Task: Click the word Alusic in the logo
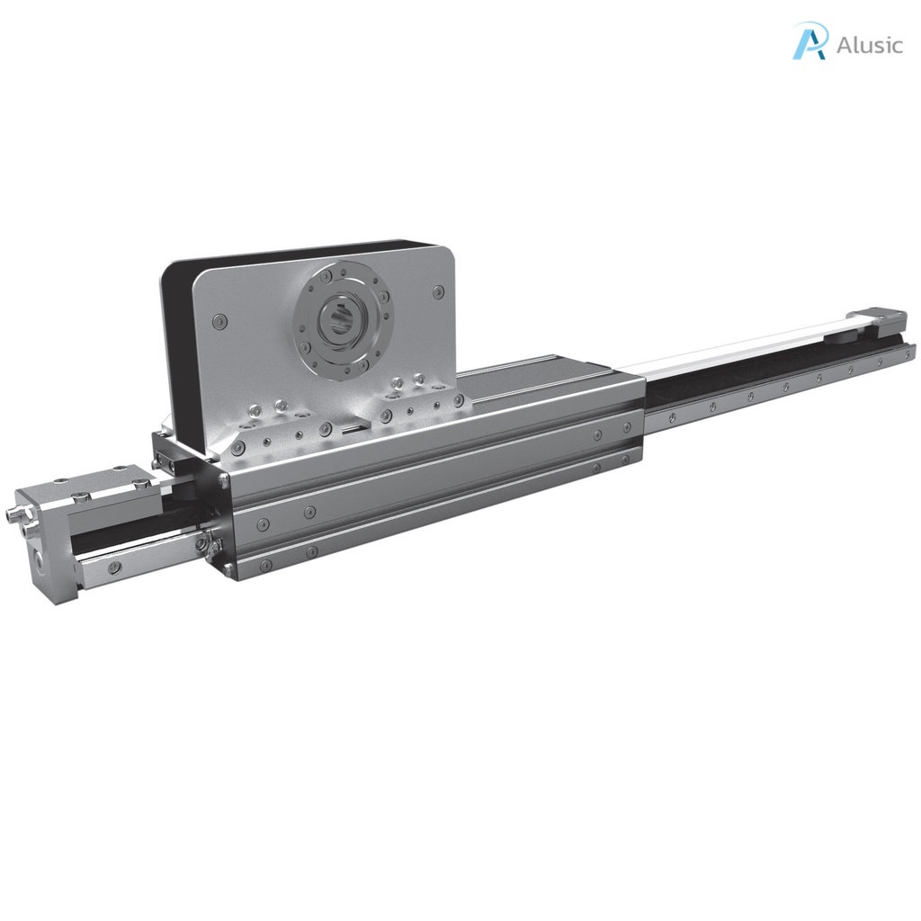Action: [x=869, y=45]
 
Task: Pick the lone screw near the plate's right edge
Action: [x=438, y=292]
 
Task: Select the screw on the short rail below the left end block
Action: [x=115, y=568]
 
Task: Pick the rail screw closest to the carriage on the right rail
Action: [x=671, y=417]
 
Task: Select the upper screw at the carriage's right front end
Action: [x=598, y=435]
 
